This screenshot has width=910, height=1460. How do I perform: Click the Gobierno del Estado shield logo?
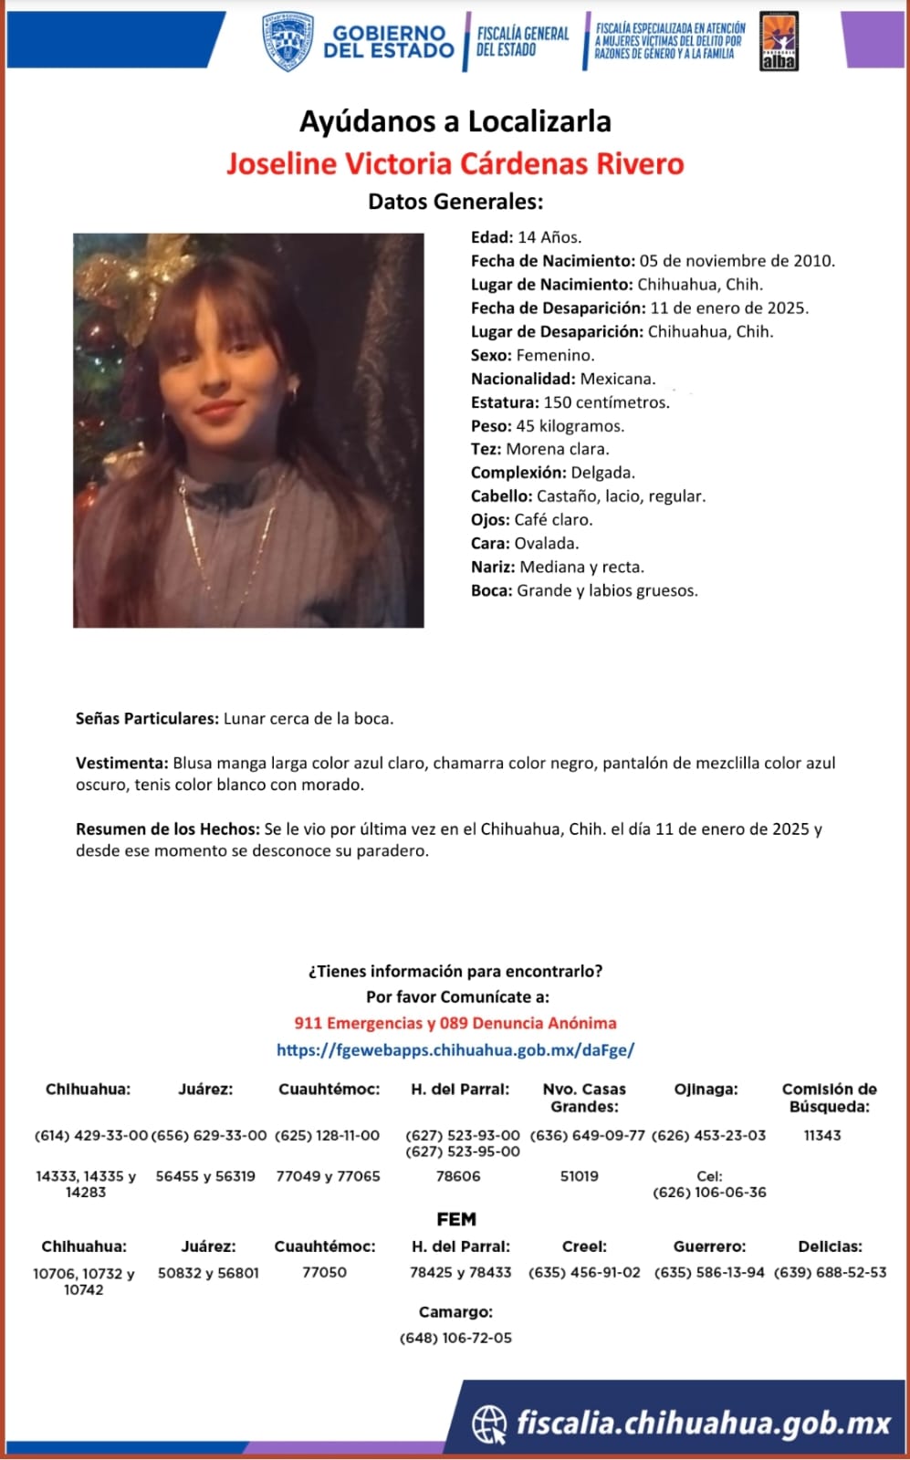(x=288, y=41)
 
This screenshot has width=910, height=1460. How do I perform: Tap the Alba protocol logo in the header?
(x=779, y=41)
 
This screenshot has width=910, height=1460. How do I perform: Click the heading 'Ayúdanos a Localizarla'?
(x=455, y=121)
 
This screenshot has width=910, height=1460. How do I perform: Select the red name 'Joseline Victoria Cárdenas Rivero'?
(x=455, y=164)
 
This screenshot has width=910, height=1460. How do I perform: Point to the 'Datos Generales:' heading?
(x=455, y=202)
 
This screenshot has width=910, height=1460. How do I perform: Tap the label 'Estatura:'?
(x=505, y=402)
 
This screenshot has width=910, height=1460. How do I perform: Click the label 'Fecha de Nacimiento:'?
(x=553, y=261)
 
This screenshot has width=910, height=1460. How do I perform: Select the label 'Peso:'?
(x=491, y=426)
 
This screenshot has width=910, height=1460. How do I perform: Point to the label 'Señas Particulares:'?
(x=147, y=719)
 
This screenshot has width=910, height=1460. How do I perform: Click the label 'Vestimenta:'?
(x=122, y=763)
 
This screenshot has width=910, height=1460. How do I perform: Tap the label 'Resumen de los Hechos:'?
(x=168, y=829)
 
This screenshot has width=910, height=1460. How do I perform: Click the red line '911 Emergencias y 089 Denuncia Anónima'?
(x=455, y=1024)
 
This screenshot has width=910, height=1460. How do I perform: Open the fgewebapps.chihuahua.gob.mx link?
(x=455, y=1050)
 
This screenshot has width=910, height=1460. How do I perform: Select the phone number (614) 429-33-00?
(x=90, y=1136)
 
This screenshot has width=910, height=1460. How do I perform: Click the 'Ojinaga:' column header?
(x=706, y=1090)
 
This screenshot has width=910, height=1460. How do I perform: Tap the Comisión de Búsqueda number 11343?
(x=822, y=1136)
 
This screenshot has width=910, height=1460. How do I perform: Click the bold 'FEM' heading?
(x=456, y=1220)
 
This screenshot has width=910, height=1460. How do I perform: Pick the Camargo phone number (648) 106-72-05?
(x=455, y=1339)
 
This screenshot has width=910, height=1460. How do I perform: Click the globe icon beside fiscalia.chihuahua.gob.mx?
(x=489, y=1423)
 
